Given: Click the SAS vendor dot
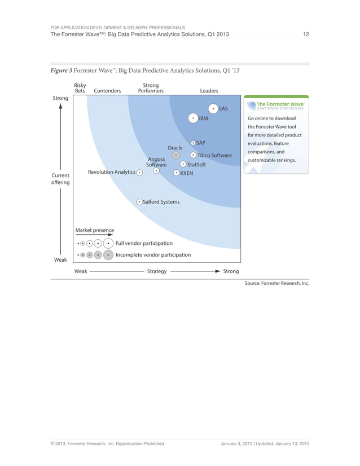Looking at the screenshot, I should coord(213,108).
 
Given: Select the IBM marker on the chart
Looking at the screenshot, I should coord(193,118).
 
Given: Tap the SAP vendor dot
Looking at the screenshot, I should coord(193,143).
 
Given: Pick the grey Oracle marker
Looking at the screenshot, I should coord(176,155).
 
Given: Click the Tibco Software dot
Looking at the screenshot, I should coord(193,155).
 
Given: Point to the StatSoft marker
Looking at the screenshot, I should coord(183,164).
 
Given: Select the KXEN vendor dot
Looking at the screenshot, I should coord(176,173).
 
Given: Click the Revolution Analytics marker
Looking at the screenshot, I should coord(139,172).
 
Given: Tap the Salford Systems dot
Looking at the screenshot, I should coord(139,201).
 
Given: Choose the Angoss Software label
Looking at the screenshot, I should coord(156,162).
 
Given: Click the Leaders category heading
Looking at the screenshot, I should coord(209,90).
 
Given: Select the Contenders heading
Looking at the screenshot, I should coord(107,90).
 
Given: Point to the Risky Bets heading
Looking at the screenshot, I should coord(80,87).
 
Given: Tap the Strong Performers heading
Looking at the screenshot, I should coord(151,87).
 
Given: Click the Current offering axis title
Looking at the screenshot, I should coord(60,179).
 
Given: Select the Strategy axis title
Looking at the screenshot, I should coord(156,271).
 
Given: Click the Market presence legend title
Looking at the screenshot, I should coord(94,230).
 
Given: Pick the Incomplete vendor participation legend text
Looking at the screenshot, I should coord(153,255).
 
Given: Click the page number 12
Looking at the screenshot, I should coord(305,34).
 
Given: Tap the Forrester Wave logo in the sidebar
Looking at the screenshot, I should coord(276,105).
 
